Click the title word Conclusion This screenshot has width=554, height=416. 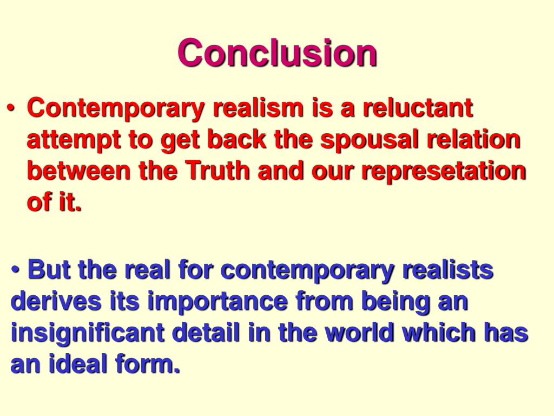(x=277, y=53)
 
